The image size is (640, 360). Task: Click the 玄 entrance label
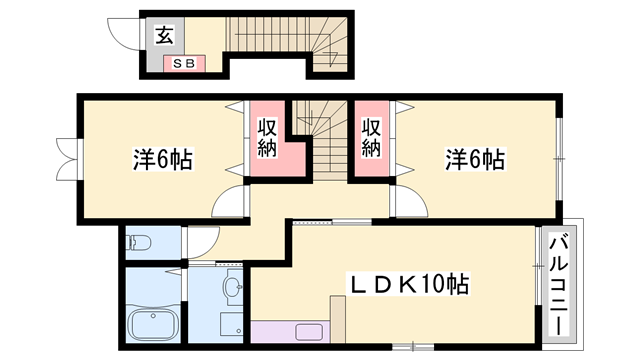click(x=164, y=37)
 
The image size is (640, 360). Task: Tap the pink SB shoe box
click(x=184, y=64)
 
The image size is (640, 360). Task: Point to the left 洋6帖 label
click(x=163, y=158)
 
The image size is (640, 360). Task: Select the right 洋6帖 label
click(x=474, y=158)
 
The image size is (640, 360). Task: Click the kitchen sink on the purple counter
click(x=309, y=333)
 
